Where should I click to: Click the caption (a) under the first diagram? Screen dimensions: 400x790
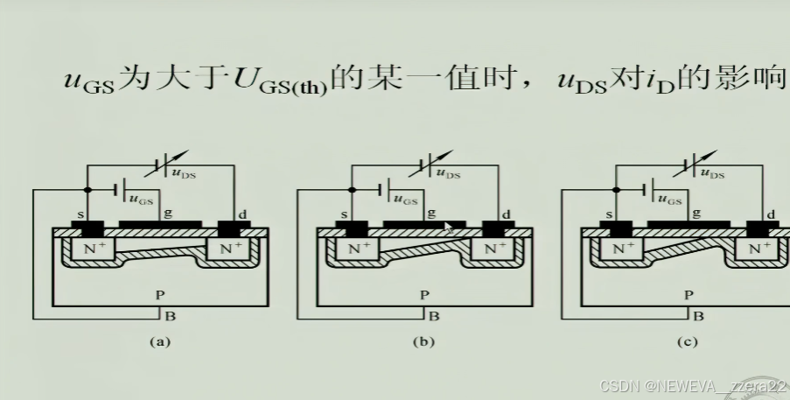pos(158,342)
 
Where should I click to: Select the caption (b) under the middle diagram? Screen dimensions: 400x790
pos(423,342)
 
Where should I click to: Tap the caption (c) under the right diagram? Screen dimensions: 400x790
pos(689,342)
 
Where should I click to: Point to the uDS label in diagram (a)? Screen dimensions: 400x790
pos(185,174)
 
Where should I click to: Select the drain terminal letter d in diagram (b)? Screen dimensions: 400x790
pos(506,214)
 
